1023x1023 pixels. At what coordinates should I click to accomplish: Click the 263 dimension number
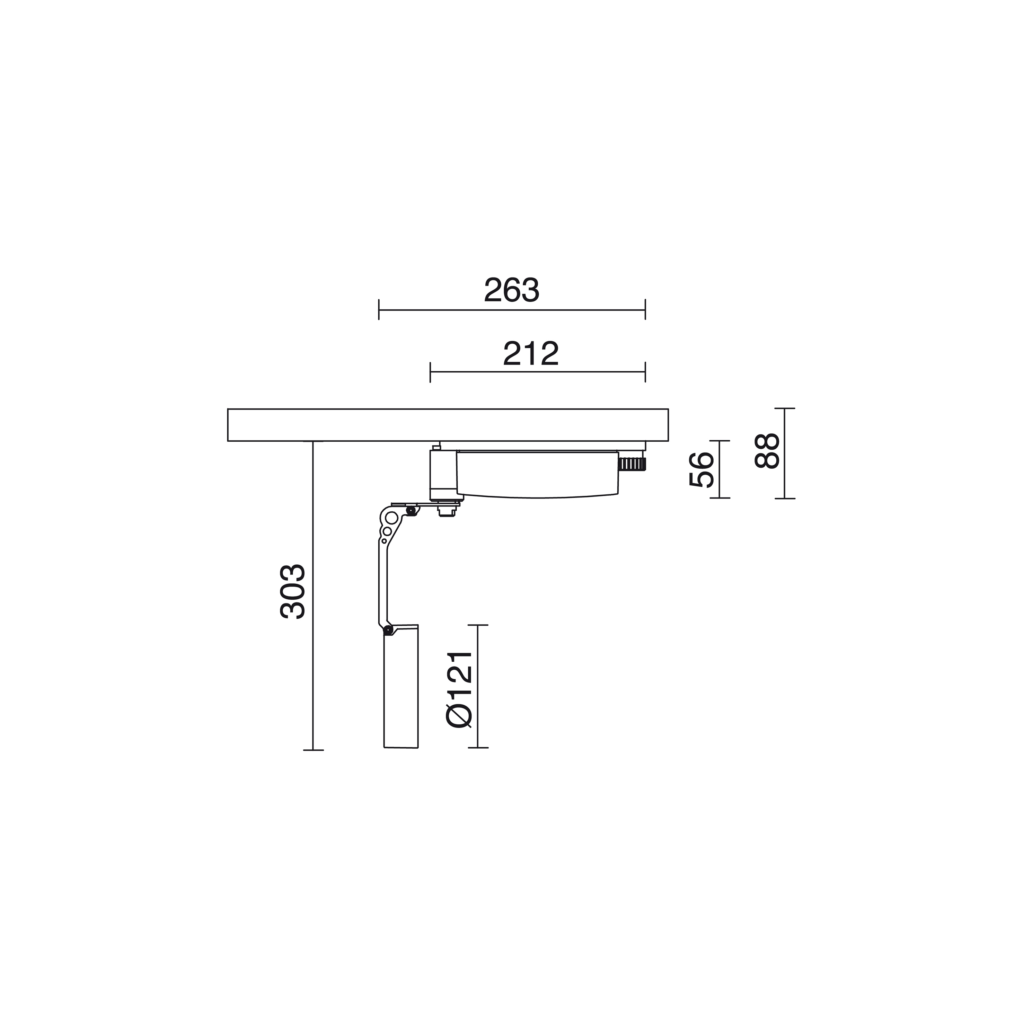[x=511, y=290]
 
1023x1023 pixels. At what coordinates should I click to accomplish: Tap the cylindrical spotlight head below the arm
[x=401, y=687]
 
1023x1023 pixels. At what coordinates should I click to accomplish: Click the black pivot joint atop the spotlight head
[x=388, y=629]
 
